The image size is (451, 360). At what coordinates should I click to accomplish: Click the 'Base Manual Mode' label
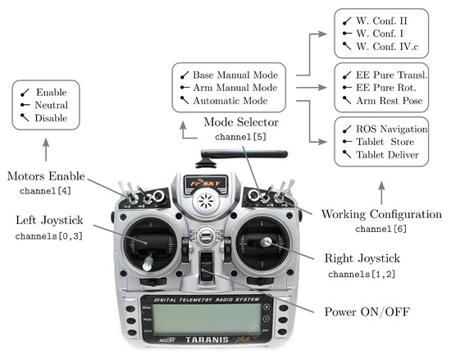[235, 75]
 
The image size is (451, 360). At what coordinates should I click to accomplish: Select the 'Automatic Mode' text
[230, 101]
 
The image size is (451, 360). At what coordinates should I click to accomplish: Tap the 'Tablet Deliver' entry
[387, 155]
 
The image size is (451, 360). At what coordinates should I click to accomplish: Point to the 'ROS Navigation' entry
[392, 129]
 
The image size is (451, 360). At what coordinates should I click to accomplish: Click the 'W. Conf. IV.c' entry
[387, 46]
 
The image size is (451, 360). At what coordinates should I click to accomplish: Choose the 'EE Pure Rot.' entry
[386, 88]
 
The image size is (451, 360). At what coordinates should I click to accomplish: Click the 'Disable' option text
[51, 118]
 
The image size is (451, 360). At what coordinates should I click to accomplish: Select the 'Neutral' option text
[52, 105]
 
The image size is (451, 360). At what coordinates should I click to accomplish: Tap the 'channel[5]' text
[240, 137]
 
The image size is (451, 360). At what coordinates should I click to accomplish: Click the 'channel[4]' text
[45, 190]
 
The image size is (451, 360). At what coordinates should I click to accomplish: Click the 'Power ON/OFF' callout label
[367, 312]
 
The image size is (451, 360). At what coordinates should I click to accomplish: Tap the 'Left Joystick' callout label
[49, 221]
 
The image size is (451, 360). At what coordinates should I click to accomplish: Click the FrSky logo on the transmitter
[206, 183]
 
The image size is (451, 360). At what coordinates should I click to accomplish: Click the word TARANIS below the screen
[207, 339]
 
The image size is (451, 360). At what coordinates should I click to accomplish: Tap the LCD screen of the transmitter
[207, 319]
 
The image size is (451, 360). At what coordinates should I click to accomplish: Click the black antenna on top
[244, 154]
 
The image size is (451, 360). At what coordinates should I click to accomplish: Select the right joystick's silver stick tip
[266, 242]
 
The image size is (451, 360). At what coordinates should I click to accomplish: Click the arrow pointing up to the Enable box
[46, 149]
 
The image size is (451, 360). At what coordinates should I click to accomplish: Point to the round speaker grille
[206, 201]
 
